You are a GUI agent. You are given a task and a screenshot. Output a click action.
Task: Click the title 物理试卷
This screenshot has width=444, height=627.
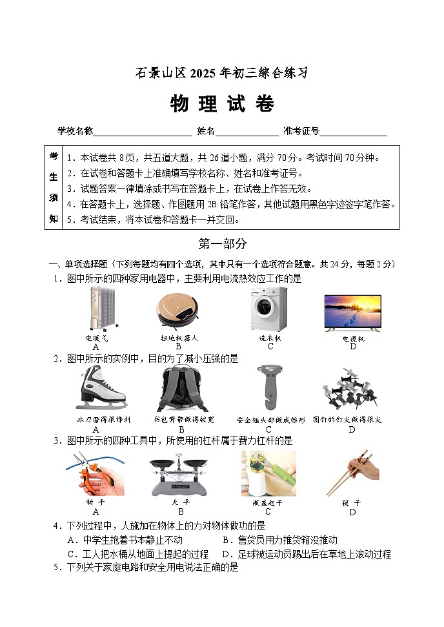[x=221, y=104]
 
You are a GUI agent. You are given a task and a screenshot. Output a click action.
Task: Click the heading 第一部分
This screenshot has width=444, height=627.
[x=221, y=243]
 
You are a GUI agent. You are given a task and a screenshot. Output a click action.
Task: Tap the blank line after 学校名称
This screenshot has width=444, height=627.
[x=143, y=132]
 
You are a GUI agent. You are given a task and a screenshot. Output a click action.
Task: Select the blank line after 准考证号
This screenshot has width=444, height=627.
[x=353, y=132]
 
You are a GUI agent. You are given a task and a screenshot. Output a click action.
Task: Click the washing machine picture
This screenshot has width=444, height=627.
[x=268, y=309]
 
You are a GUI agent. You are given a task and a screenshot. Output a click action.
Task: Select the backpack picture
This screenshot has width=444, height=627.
[x=180, y=388]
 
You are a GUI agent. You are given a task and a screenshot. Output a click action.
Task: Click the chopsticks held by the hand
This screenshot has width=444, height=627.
[x=352, y=474]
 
